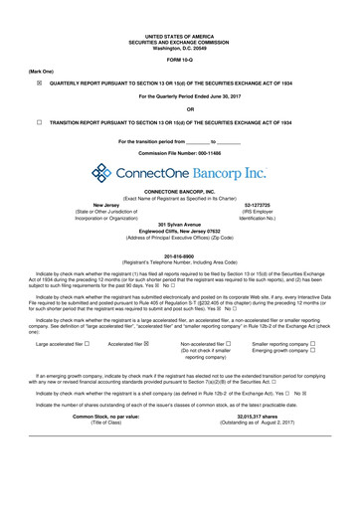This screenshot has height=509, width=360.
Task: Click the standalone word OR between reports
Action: (x=179, y=108)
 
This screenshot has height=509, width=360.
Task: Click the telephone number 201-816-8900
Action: (x=179, y=254)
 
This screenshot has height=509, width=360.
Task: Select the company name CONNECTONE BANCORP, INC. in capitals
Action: (x=179, y=191)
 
